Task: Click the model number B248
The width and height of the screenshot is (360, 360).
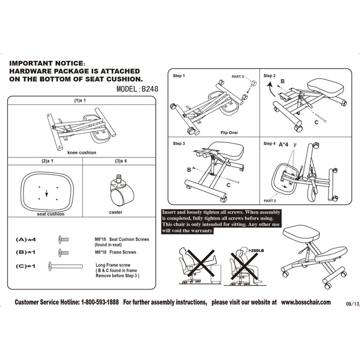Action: (x=149, y=88)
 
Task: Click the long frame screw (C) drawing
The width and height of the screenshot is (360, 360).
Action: (x=65, y=266)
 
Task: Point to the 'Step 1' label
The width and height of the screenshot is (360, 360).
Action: (x=179, y=76)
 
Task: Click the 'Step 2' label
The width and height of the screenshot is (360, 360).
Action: (x=269, y=76)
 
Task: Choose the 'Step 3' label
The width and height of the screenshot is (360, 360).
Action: (x=179, y=143)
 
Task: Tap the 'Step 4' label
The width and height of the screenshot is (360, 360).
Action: (x=269, y=143)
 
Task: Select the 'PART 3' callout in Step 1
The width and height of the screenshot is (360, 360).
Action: (x=238, y=76)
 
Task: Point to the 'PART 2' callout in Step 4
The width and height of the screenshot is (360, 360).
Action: (x=270, y=201)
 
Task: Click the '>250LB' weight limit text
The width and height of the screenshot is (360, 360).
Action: (x=255, y=250)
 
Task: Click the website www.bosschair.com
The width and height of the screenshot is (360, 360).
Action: (x=306, y=302)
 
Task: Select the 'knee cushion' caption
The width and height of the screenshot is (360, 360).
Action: (x=81, y=152)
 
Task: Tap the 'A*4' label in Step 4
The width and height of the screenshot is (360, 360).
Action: (x=284, y=145)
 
